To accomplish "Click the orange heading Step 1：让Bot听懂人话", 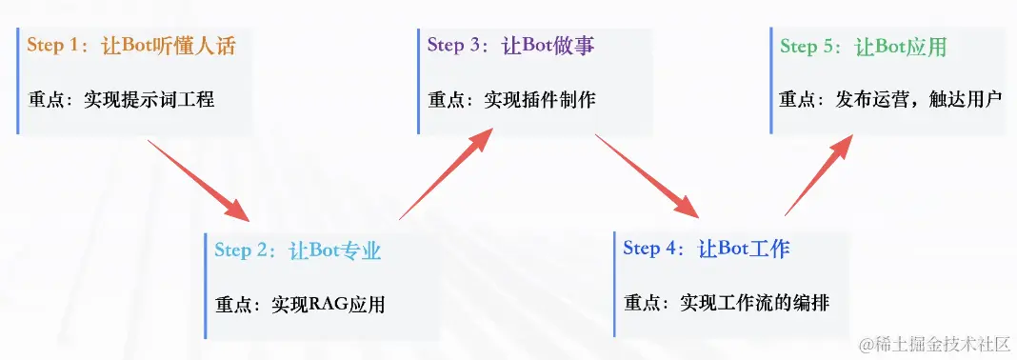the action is [131, 46].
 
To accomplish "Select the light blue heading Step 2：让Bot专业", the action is [298, 251].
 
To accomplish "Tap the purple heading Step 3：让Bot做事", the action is [511, 46].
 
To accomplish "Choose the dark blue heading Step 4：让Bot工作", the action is [707, 250].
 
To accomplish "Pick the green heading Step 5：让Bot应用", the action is [864, 46].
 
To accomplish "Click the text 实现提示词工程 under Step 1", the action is [150, 101].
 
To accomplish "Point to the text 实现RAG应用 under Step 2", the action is [329, 305].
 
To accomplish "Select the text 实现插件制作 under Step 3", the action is [540, 101].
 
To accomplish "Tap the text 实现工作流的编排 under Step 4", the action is [755, 303].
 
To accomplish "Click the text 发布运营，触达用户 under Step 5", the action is [919, 101].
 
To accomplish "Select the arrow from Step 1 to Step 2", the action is [198, 180].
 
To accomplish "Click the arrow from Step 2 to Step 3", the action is [447, 173].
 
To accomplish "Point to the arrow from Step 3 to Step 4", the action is [647, 176].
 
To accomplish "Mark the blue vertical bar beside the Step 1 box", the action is [18, 81].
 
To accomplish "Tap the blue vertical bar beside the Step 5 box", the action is [771, 81].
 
